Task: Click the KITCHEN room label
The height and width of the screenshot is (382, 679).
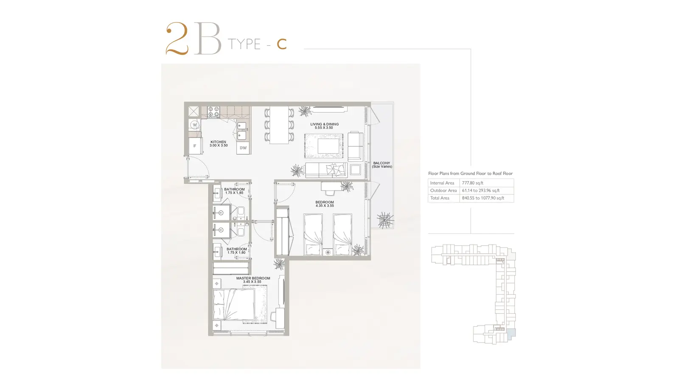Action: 218,142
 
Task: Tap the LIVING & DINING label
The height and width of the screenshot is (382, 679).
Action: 324,124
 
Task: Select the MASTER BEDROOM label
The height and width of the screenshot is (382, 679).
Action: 253,278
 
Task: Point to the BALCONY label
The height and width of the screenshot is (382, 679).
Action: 382,163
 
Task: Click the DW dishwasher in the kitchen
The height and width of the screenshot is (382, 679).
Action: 243,148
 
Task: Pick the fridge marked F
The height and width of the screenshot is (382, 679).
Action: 195,146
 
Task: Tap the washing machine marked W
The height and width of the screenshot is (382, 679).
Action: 195,125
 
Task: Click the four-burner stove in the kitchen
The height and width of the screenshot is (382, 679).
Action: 213,112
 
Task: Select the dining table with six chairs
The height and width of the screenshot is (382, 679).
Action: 279,125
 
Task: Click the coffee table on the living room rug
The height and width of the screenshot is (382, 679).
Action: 328,146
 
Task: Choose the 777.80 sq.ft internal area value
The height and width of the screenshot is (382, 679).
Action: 473,183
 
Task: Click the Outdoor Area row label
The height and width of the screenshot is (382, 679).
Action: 443,191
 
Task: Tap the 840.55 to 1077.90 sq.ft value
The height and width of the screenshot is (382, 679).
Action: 483,198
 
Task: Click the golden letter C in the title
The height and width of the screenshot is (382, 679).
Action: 282,44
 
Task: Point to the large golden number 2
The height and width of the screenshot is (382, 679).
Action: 177,39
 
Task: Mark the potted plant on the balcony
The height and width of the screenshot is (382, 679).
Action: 385,220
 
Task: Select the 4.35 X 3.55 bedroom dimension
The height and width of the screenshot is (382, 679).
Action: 325,205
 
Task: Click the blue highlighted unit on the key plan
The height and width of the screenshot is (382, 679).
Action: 511,334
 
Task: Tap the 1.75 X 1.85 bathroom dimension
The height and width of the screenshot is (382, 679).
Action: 234,193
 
